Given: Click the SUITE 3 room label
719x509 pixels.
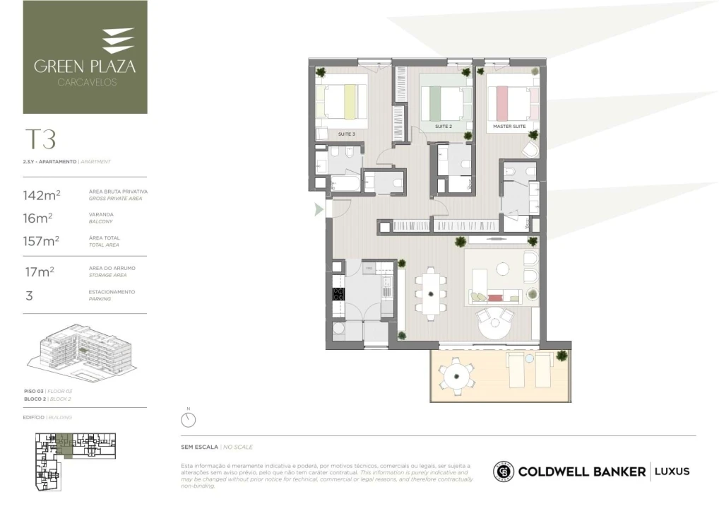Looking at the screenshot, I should [346, 134].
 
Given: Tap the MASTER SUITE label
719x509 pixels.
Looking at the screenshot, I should [509, 126].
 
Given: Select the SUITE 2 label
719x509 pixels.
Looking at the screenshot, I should [443, 127].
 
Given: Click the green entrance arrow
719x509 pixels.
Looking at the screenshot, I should [319, 209].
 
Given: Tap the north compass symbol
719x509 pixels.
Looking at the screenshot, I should [188, 420].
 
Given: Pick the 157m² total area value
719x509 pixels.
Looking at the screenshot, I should [41, 241].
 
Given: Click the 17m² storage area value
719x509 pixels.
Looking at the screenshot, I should [39, 271].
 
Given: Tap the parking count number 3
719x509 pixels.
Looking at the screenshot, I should [29, 296].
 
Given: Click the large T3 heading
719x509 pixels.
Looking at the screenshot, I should [40, 139].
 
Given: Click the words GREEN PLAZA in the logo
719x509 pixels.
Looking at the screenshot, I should [85, 67].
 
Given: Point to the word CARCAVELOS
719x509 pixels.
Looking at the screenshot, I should [85, 82].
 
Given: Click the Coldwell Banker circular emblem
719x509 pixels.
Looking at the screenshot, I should [504, 472].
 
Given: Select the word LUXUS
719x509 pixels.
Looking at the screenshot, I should [672, 472].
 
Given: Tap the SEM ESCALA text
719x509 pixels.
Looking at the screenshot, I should [200, 447].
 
